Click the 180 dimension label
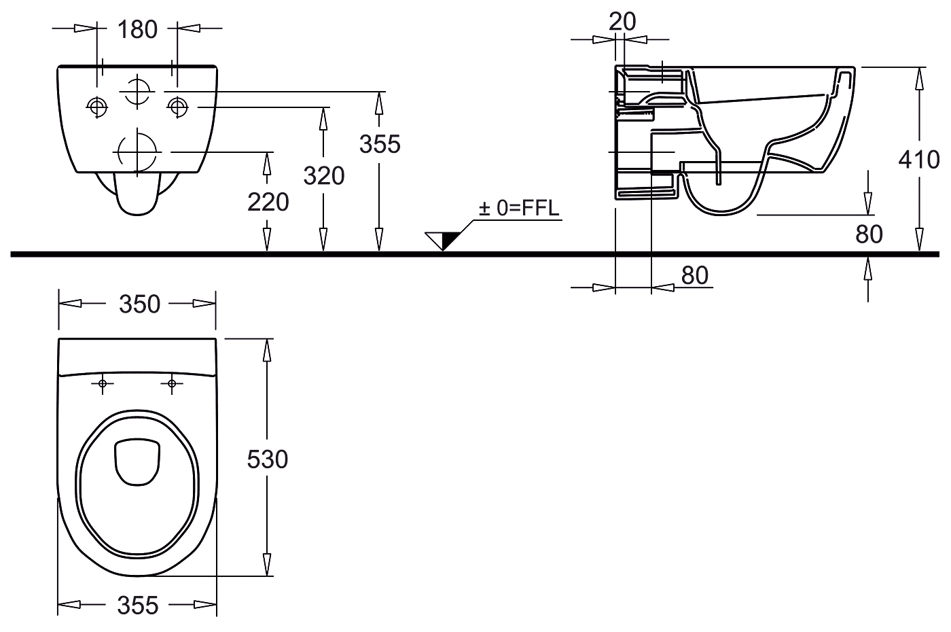[x=137, y=29]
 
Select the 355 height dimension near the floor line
[x=380, y=144]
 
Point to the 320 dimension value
[x=324, y=176]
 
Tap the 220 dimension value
[x=268, y=202]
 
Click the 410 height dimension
[x=919, y=159]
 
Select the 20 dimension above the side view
[x=622, y=22]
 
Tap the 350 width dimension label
[x=139, y=304]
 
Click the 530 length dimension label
[x=267, y=459]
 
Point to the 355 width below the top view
[x=138, y=605]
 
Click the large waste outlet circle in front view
[x=138, y=150]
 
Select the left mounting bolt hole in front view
[x=97, y=106]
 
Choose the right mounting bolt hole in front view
[x=178, y=106]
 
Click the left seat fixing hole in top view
[x=103, y=384]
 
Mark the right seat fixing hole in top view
[x=171, y=384]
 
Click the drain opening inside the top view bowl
[x=138, y=462]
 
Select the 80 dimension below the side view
[x=694, y=275]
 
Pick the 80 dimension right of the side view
[x=869, y=234]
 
